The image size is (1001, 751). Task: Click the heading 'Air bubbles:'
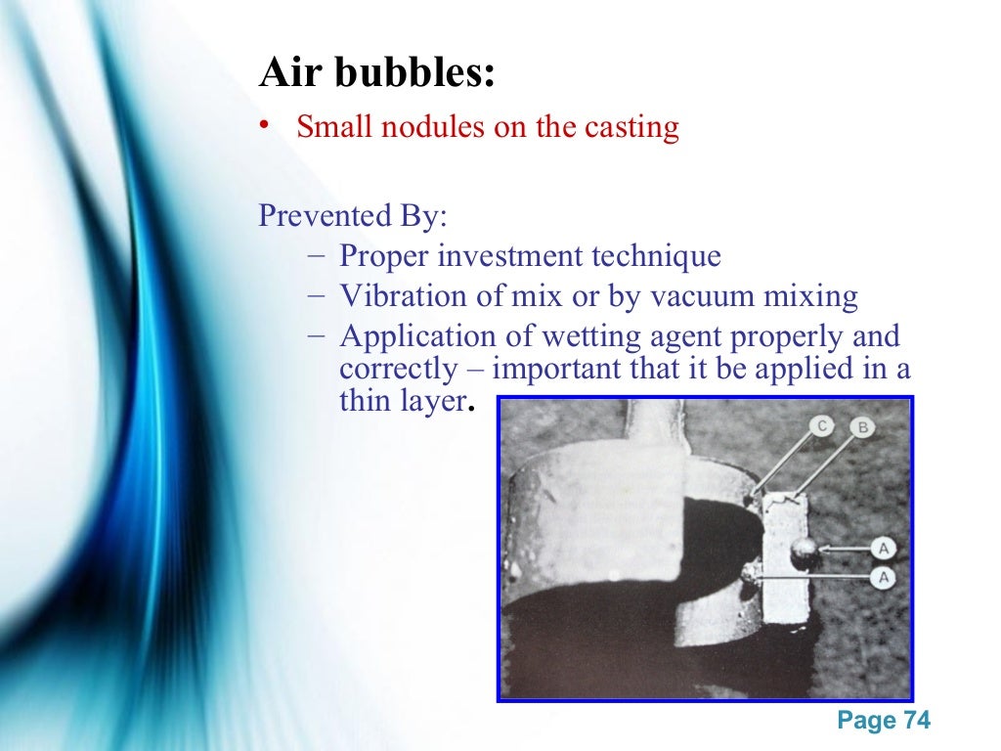pos(376,73)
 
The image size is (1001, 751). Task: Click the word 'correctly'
pos(397,370)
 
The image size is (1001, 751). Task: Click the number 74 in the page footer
pos(917,722)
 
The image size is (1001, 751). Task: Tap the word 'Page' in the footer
pos(867,722)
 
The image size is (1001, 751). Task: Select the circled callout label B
pos(862,426)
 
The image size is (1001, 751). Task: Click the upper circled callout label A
pos(884,549)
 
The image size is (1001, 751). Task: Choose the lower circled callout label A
pos(884,578)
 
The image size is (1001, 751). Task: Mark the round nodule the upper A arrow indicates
pos(805,552)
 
